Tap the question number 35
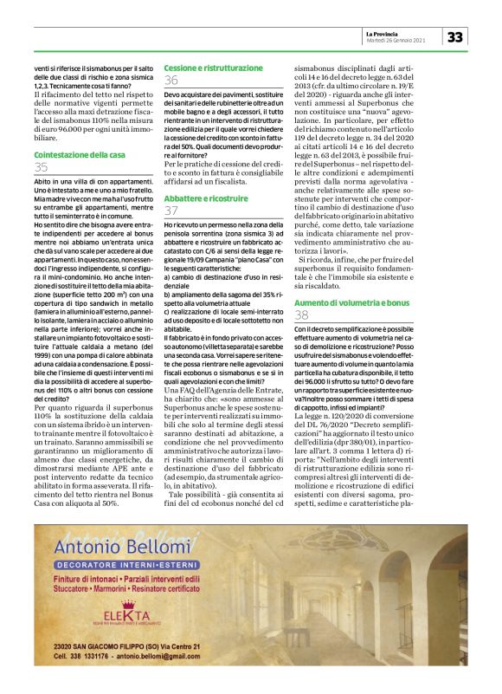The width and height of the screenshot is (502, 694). pyautogui.click(x=41, y=167)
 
